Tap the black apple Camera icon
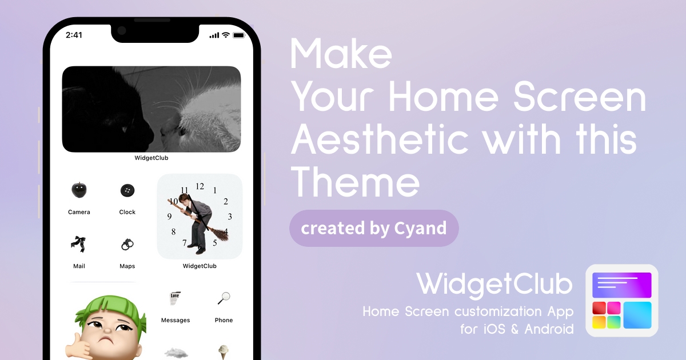pos(79,190)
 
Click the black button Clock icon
pos(127,190)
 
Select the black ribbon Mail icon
pos(78,243)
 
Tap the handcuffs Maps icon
pos(127,245)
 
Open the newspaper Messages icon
pos(175,298)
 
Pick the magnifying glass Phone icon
pos(224,298)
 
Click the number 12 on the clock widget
pos(200,186)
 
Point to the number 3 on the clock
pos(230,217)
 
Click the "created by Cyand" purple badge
pos(374,228)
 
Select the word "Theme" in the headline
pos(355,182)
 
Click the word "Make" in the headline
pos(341,54)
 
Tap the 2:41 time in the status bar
pos(74,35)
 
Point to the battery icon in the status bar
pos(239,35)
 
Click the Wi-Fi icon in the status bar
pos(226,35)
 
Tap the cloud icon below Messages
pos(176,353)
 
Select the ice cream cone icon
pos(224,352)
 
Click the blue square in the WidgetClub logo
pos(637,315)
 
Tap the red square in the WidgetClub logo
pos(599,308)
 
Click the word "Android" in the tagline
pos(549,329)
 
